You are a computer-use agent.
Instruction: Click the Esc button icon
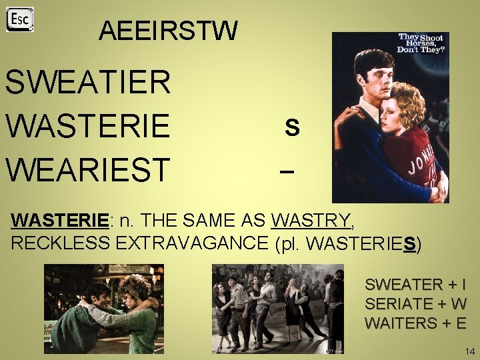(20, 19)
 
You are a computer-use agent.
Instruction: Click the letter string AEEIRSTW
(167, 31)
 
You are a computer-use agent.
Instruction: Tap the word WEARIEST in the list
(87, 169)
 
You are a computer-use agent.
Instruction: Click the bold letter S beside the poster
(291, 127)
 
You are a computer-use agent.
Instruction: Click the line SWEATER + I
(415, 285)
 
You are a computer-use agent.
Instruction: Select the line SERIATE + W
(415, 304)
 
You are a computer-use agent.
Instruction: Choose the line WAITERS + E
(415, 323)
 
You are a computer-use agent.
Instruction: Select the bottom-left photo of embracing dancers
(104, 309)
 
